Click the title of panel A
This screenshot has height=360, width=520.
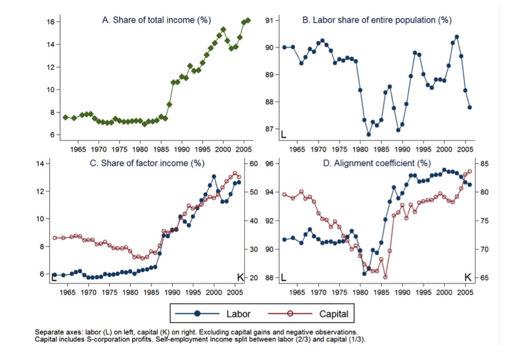tap(157, 20)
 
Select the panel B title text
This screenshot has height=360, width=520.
tap(377, 20)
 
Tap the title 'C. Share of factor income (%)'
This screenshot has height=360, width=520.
tap(148, 163)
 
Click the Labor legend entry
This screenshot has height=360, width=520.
tap(238, 314)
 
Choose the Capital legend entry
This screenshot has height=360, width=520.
tap(334, 314)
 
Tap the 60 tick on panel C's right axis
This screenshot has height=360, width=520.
tap(254, 164)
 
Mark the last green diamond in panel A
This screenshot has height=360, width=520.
tap(248, 21)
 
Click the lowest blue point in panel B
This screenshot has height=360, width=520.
tap(368, 134)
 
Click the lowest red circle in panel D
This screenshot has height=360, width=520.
tap(385, 277)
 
